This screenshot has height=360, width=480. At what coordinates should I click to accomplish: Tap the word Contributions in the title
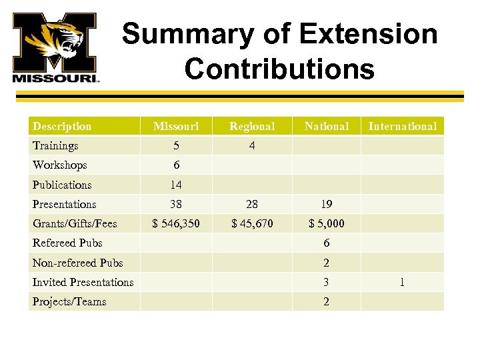coord(279,68)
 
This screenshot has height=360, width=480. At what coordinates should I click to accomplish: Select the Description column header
coord(62,126)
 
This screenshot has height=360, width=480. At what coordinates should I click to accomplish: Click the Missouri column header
coord(176,126)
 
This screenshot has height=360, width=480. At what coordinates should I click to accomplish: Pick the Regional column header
coord(251,126)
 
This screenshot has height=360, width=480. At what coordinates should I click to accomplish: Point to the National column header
coord(326,126)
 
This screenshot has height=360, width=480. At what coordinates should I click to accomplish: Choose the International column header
coord(402,126)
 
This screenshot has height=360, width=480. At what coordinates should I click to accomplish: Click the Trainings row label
coord(55,145)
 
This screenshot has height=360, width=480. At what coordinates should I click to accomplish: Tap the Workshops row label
coord(59,165)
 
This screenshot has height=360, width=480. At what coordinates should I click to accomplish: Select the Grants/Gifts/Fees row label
coord(74,223)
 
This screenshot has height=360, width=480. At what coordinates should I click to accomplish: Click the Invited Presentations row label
coord(83,282)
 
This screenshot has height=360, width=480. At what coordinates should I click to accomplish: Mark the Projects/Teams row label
coord(69,301)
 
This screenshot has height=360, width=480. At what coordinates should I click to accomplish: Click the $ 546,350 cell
coord(176,223)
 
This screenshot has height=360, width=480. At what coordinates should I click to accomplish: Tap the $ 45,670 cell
coord(251,223)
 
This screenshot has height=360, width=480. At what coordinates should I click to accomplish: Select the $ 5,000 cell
coord(326,223)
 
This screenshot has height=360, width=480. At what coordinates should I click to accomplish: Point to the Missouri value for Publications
coord(176,185)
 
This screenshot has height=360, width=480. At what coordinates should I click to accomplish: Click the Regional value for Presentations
coord(251,204)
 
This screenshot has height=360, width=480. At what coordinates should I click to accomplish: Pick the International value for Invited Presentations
coord(402,282)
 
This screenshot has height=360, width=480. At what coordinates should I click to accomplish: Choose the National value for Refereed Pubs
coord(326,243)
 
